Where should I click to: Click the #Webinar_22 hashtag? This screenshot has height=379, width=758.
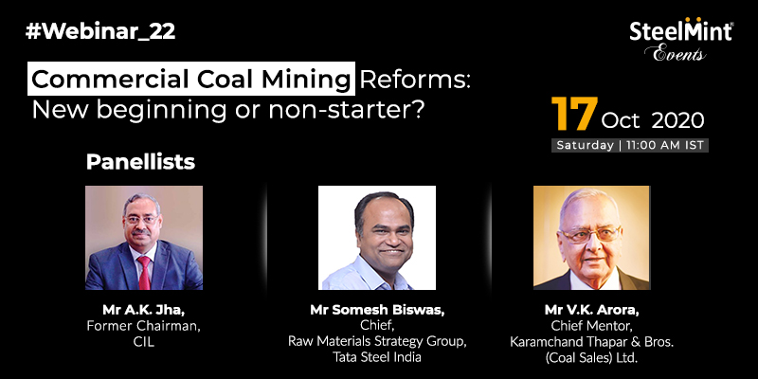(x=100, y=32)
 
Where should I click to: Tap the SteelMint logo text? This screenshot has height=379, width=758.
(x=680, y=32)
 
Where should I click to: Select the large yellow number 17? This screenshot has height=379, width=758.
(x=574, y=114)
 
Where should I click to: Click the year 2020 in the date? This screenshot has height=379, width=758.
(x=677, y=120)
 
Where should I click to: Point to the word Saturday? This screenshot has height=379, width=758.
(x=585, y=145)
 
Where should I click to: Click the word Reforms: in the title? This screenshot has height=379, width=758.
(x=415, y=80)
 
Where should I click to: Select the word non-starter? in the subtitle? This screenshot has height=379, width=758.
(x=346, y=111)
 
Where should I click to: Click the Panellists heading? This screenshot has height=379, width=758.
(x=140, y=162)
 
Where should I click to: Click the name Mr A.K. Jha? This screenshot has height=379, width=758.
(x=144, y=310)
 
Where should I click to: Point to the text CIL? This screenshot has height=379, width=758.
(x=144, y=342)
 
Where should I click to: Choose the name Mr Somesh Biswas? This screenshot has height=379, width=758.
(x=377, y=311)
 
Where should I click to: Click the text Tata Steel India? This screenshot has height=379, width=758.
(x=377, y=357)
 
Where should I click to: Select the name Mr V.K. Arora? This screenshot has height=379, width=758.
(x=591, y=310)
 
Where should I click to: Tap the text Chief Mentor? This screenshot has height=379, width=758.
(x=591, y=325)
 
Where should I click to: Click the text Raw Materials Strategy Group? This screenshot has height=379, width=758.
(x=377, y=341)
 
